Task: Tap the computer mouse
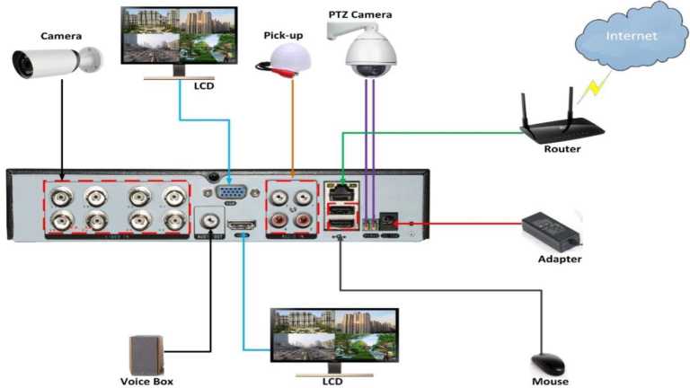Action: [547, 364]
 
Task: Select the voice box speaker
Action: [146, 354]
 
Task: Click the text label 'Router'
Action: [562, 148]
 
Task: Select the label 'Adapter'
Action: [560, 259]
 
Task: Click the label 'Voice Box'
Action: [146, 382]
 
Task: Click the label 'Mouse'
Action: [549, 382]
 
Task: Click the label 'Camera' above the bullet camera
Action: [61, 36]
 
